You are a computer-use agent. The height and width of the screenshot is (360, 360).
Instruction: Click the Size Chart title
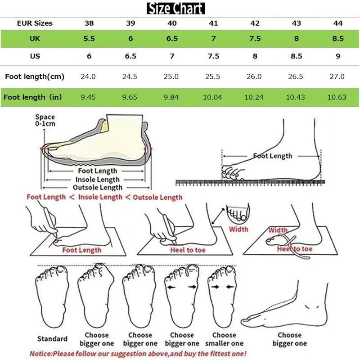tap(176, 8)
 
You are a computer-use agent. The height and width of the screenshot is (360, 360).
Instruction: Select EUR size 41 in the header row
tap(213, 23)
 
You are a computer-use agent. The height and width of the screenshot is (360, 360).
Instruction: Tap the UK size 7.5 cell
tap(255, 39)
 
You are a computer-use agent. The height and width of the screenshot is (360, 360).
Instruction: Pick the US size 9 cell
tap(338, 56)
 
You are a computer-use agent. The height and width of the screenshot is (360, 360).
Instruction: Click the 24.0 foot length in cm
tap(88, 76)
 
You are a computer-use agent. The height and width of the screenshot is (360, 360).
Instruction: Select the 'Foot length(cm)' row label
tap(35, 76)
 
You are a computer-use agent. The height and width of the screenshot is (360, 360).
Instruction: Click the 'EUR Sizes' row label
tap(35, 23)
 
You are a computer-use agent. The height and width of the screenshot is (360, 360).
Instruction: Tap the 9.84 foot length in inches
tap(171, 97)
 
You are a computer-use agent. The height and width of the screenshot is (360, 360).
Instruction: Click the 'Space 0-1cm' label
tap(45, 121)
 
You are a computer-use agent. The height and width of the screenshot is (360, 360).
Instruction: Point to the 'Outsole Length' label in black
tap(98, 187)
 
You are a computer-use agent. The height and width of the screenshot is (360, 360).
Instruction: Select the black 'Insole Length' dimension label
tap(98, 180)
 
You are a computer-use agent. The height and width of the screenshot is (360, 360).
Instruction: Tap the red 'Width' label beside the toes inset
tap(238, 229)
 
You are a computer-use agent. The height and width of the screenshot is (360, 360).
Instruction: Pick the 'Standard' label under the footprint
tap(52, 339)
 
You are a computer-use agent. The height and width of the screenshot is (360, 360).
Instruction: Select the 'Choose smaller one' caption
tap(224, 339)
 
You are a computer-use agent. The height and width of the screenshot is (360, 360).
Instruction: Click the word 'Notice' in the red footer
tap(41, 354)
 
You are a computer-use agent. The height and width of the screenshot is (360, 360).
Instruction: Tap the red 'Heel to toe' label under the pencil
tap(188, 250)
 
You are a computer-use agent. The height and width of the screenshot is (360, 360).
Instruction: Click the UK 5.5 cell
tap(89, 39)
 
